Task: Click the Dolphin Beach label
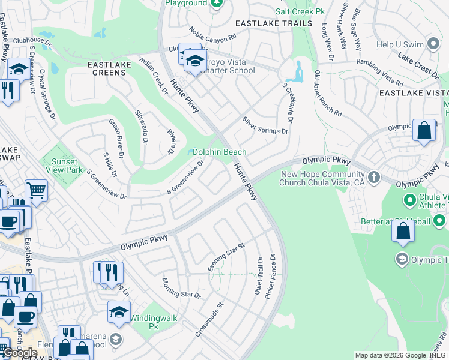[220, 152]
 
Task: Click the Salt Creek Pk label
[300, 11]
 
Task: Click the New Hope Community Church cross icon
[374, 177]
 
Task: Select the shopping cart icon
[36, 190]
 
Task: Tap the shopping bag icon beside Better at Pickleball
[403, 231]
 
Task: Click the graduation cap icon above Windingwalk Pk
[119, 311]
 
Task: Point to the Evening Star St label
[226, 257]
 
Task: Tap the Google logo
[19, 353]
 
